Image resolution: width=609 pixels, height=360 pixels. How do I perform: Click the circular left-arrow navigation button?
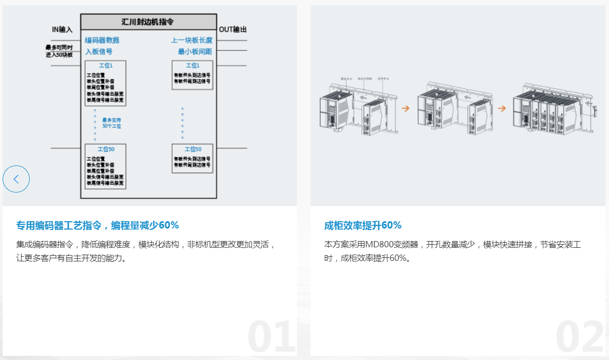click(16, 179)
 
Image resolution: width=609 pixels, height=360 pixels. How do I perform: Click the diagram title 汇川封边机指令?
click(148, 22)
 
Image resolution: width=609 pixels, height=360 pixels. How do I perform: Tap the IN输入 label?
click(62, 30)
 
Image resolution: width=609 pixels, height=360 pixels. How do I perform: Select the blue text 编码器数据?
click(102, 41)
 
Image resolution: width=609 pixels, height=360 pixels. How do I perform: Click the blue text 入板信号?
click(99, 52)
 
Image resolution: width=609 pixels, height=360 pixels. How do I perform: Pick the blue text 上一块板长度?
click(191, 41)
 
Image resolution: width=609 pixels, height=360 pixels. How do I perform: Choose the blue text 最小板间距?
click(195, 52)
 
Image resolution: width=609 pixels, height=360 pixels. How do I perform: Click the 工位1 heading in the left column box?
click(105, 66)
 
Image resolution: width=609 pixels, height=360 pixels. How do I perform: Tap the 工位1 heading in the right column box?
click(192, 66)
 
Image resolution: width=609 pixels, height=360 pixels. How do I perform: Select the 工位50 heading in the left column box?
click(105, 149)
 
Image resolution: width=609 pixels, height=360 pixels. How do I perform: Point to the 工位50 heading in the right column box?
click(192, 149)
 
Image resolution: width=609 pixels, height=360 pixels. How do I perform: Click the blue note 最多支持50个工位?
click(112, 123)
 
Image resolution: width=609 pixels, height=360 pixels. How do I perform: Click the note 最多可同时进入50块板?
click(59, 51)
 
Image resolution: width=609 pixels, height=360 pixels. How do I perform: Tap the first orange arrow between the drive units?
click(405, 109)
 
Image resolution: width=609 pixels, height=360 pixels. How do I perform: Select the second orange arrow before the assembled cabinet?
click(502, 109)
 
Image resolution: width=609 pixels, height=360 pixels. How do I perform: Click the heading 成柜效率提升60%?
click(363, 225)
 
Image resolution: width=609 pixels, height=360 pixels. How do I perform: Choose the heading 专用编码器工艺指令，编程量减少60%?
click(98, 225)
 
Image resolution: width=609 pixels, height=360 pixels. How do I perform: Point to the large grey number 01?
click(271, 338)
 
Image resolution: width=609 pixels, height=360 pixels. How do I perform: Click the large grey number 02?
click(579, 338)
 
